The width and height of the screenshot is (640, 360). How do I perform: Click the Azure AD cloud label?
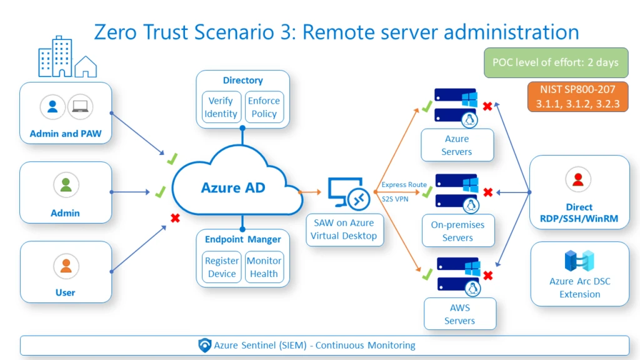click(232, 187)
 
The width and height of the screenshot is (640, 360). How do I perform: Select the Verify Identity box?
click(221, 107)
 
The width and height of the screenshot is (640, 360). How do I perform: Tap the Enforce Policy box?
click(264, 107)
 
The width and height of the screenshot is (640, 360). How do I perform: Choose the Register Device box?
click(222, 267)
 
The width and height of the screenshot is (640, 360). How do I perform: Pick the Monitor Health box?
click(264, 267)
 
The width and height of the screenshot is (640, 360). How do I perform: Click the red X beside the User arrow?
click(176, 218)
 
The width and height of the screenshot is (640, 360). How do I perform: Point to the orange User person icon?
click(66, 266)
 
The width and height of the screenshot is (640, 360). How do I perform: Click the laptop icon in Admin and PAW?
click(80, 107)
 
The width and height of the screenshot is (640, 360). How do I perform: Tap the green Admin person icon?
click(66, 185)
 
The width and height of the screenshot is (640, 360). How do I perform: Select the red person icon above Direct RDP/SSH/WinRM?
click(578, 180)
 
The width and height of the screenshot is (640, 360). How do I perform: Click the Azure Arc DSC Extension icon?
click(579, 261)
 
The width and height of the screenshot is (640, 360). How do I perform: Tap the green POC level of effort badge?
click(556, 62)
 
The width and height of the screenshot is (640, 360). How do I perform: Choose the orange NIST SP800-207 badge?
click(577, 97)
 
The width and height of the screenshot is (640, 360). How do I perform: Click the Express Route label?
click(404, 185)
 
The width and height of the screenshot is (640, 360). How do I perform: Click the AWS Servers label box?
click(459, 314)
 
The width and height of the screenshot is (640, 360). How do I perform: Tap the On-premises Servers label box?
click(457, 231)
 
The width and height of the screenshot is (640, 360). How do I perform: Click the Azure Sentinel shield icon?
click(204, 345)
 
